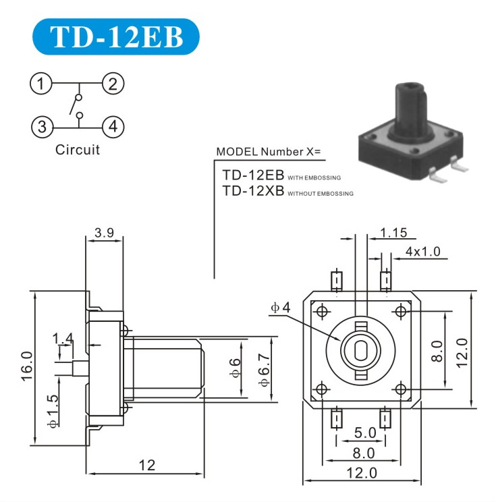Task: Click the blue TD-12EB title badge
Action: (x=116, y=37)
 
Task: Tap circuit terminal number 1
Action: (x=40, y=84)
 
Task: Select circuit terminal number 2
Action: (x=113, y=84)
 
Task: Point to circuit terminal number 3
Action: (x=42, y=127)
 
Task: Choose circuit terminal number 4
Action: (x=113, y=127)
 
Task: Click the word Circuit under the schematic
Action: (x=78, y=150)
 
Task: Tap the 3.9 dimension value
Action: (x=105, y=233)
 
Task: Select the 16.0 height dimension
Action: (x=27, y=366)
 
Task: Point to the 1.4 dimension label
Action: (x=63, y=339)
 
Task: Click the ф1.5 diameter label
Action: (x=53, y=411)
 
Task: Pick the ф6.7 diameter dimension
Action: (x=265, y=370)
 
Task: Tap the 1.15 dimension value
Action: (x=393, y=233)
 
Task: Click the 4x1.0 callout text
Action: (x=423, y=251)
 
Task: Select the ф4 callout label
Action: (x=281, y=308)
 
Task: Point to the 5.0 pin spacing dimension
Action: (x=365, y=433)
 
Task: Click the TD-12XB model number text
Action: (x=253, y=191)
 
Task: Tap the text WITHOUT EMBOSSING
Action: (x=321, y=194)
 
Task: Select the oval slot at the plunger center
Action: (x=361, y=350)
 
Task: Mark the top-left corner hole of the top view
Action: (x=322, y=310)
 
